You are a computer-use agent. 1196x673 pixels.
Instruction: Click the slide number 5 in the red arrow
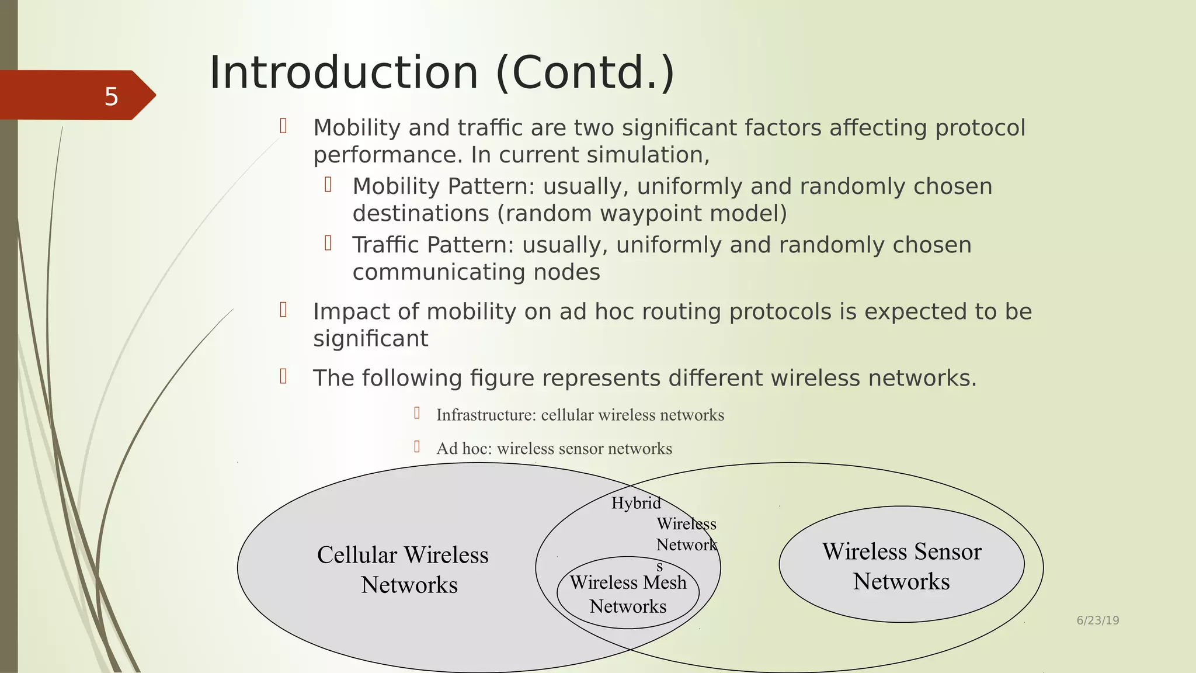(111, 96)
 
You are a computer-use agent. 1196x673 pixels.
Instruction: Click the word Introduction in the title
(344, 73)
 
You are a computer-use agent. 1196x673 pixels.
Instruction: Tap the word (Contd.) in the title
(585, 73)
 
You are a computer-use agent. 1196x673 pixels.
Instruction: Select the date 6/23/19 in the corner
(1097, 620)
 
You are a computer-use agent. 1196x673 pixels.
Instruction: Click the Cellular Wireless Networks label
(403, 570)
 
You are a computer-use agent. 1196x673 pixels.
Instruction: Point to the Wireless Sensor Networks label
(902, 566)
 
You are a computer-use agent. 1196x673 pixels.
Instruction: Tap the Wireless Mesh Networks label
(628, 594)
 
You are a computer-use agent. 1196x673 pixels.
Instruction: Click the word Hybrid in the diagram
(636, 503)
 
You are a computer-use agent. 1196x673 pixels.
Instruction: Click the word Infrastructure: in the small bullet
(486, 415)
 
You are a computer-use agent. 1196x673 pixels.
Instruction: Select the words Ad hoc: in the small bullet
(464, 449)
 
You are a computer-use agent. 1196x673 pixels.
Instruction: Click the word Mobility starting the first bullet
(356, 128)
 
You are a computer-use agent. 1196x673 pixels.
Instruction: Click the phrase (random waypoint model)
(642, 213)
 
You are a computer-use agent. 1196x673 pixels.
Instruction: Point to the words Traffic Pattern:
(433, 245)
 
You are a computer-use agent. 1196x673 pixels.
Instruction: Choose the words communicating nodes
(476, 272)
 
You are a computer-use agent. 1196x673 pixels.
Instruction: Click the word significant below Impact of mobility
(370, 339)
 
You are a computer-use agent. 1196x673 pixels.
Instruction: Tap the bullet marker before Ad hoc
(417, 447)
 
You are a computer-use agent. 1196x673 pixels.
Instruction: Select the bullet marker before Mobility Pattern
(328, 185)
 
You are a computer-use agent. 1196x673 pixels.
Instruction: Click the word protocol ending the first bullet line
(980, 128)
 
